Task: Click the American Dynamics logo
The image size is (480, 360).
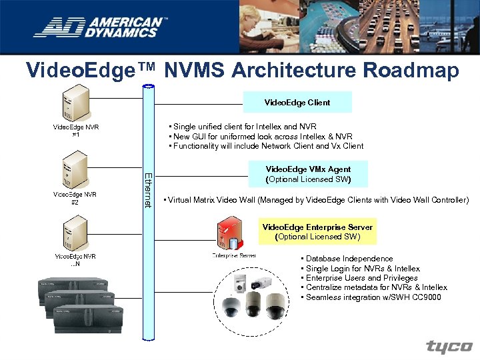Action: coord(100,27)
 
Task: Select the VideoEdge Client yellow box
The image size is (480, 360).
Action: coord(297,103)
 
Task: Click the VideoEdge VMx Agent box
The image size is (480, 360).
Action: coord(308,175)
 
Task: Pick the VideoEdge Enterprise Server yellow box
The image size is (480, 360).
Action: coord(317,231)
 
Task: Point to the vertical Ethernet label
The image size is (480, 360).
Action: coord(149,189)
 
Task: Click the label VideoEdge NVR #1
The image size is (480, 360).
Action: coord(75,130)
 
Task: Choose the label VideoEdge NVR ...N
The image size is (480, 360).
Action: coord(75,259)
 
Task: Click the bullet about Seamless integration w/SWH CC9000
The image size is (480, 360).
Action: coord(373,297)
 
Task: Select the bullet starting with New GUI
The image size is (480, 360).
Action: coord(262,136)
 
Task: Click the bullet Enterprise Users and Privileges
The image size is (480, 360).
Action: coord(361,278)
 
